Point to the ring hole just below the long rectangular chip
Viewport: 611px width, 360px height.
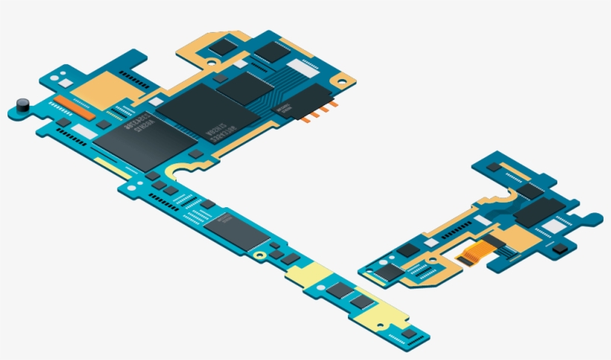click(x=259, y=255)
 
